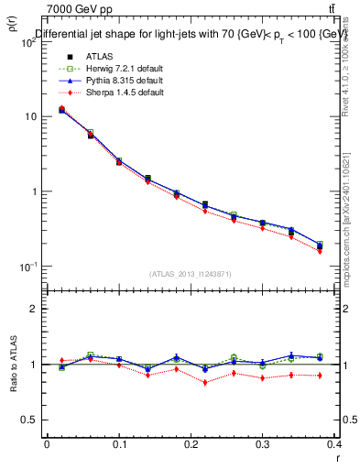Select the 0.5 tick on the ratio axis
(29, 420)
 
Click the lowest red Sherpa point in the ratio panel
(204, 382)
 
